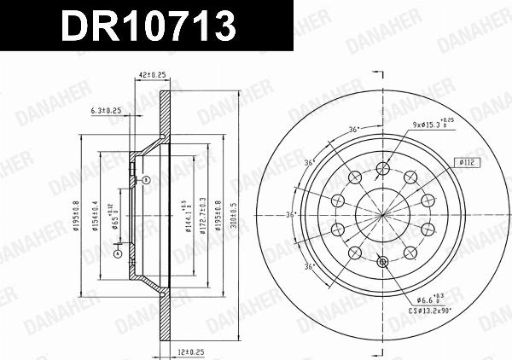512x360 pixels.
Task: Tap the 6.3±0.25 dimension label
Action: tap(106, 110)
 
